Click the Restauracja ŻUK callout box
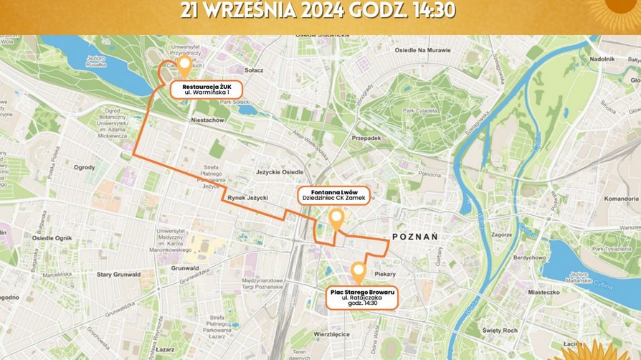(206, 89)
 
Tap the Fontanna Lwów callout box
(334, 197)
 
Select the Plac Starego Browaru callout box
(361, 297)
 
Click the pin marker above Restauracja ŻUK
(185, 67)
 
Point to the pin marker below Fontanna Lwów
(336, 220)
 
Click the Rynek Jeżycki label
(247, 197)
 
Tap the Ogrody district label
(84, 167)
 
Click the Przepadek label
(366, 138)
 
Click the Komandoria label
(621, 198)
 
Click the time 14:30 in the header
(433, 9)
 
